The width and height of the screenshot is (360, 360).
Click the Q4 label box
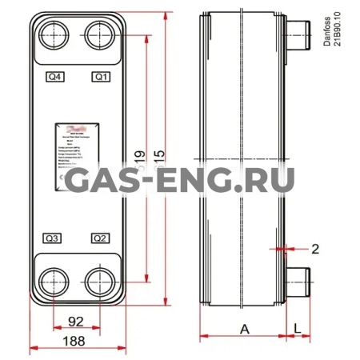coord(55,77)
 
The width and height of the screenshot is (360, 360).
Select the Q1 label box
coord(101,77)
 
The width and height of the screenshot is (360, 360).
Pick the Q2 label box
coord(101,238)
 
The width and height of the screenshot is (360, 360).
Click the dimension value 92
coord(77,322)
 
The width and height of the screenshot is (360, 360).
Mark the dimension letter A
coord(243,328)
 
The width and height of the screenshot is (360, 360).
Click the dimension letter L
coord(297,328)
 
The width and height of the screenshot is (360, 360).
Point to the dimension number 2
coord(315,249)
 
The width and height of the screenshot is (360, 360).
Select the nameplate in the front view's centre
coord(78,156)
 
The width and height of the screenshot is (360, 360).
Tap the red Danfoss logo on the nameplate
coord(78,128)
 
